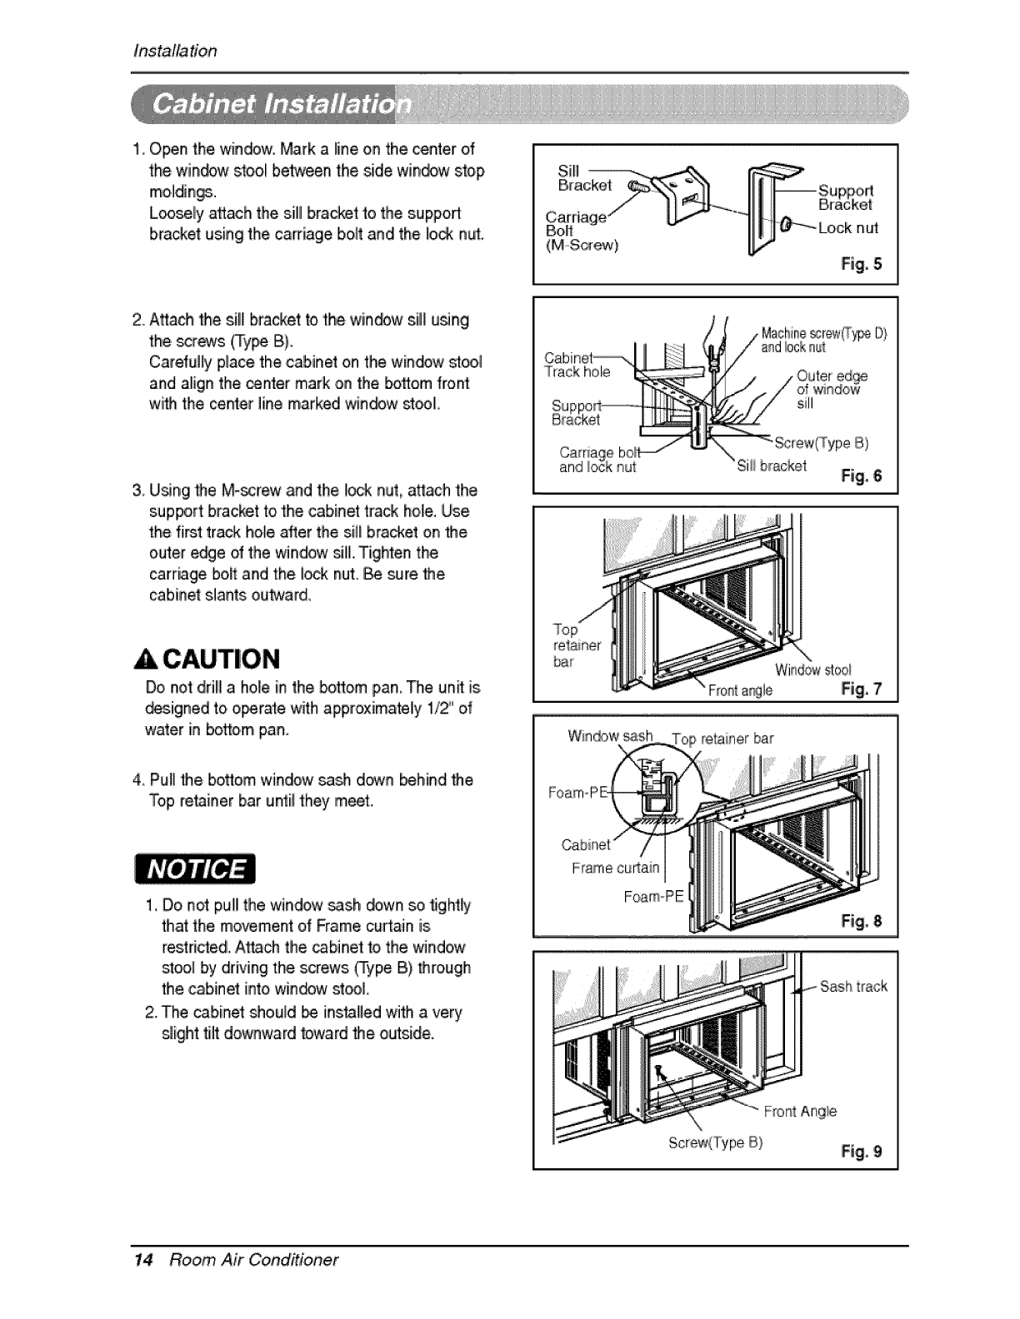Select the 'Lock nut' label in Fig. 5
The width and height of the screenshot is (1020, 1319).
click(847, 227)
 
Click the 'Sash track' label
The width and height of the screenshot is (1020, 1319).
click(853, 987)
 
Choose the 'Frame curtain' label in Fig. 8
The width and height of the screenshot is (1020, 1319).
click(615, 868)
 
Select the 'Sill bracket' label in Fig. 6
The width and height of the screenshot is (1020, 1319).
click(772, 465)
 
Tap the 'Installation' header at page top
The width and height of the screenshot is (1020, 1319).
click(175, 52)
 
